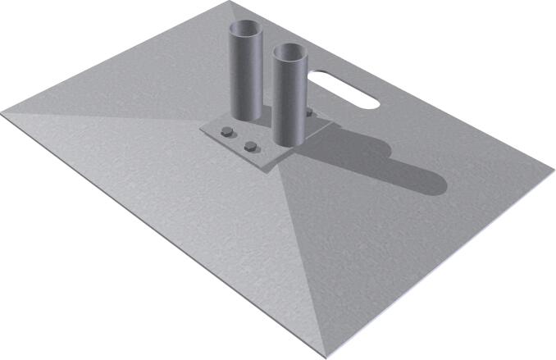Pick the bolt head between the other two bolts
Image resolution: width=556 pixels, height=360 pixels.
coord(251,148)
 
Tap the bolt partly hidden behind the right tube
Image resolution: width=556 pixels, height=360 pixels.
coord(309,114)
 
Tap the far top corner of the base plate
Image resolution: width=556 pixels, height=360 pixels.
coord(225,3)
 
